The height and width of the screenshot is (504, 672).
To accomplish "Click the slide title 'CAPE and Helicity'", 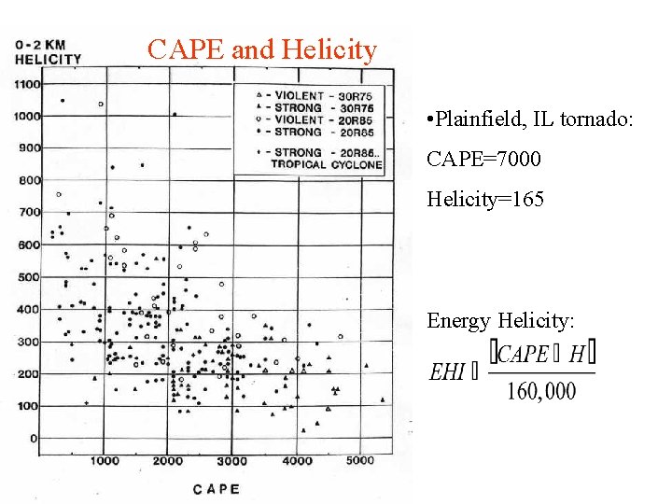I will coord(261,49).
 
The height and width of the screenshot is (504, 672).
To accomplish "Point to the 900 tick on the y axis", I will coord(29,147).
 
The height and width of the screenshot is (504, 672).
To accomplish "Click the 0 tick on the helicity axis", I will coord(35,438).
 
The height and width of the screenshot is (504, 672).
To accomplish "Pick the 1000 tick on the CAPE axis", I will coord(105,460).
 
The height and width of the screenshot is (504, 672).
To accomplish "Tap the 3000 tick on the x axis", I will coord(232,460).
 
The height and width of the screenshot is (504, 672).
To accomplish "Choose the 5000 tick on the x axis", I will coord(360,460).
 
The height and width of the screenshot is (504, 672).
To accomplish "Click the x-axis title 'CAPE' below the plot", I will coord(217,488).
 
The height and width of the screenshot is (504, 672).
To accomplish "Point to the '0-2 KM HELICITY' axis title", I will coord(48,52).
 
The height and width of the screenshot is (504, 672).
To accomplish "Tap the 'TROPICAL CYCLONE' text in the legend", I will coord(326,164).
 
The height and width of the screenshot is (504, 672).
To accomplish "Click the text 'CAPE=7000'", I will coord(483,160).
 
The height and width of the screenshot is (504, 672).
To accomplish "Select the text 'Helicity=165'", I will coord(485,199).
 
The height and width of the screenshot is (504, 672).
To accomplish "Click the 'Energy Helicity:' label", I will coord(501,321).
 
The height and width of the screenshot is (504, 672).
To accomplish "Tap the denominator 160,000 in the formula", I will coord(541,391).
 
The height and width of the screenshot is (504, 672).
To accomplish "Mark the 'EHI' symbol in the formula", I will coord(447,371).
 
